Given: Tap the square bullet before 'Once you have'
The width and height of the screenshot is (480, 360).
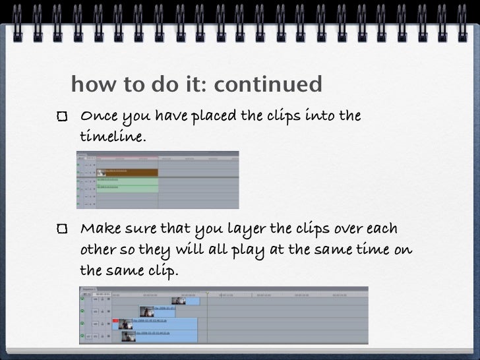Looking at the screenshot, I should (x=62, y=117).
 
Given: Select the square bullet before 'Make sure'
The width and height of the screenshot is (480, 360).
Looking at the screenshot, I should (x=62, y=229).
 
